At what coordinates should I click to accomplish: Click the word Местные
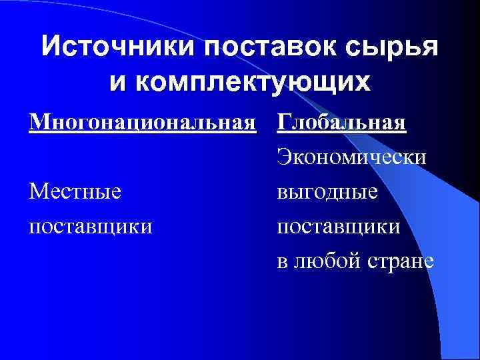[x=75, y=192]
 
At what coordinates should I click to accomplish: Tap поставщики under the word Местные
[x=91, y=226]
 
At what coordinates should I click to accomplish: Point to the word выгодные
[x=327, y=192]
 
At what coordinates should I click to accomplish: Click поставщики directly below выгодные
[x=339, y=226]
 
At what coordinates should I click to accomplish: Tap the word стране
[x=401, y=261]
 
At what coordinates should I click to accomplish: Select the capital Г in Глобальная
[x=283, y=124]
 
